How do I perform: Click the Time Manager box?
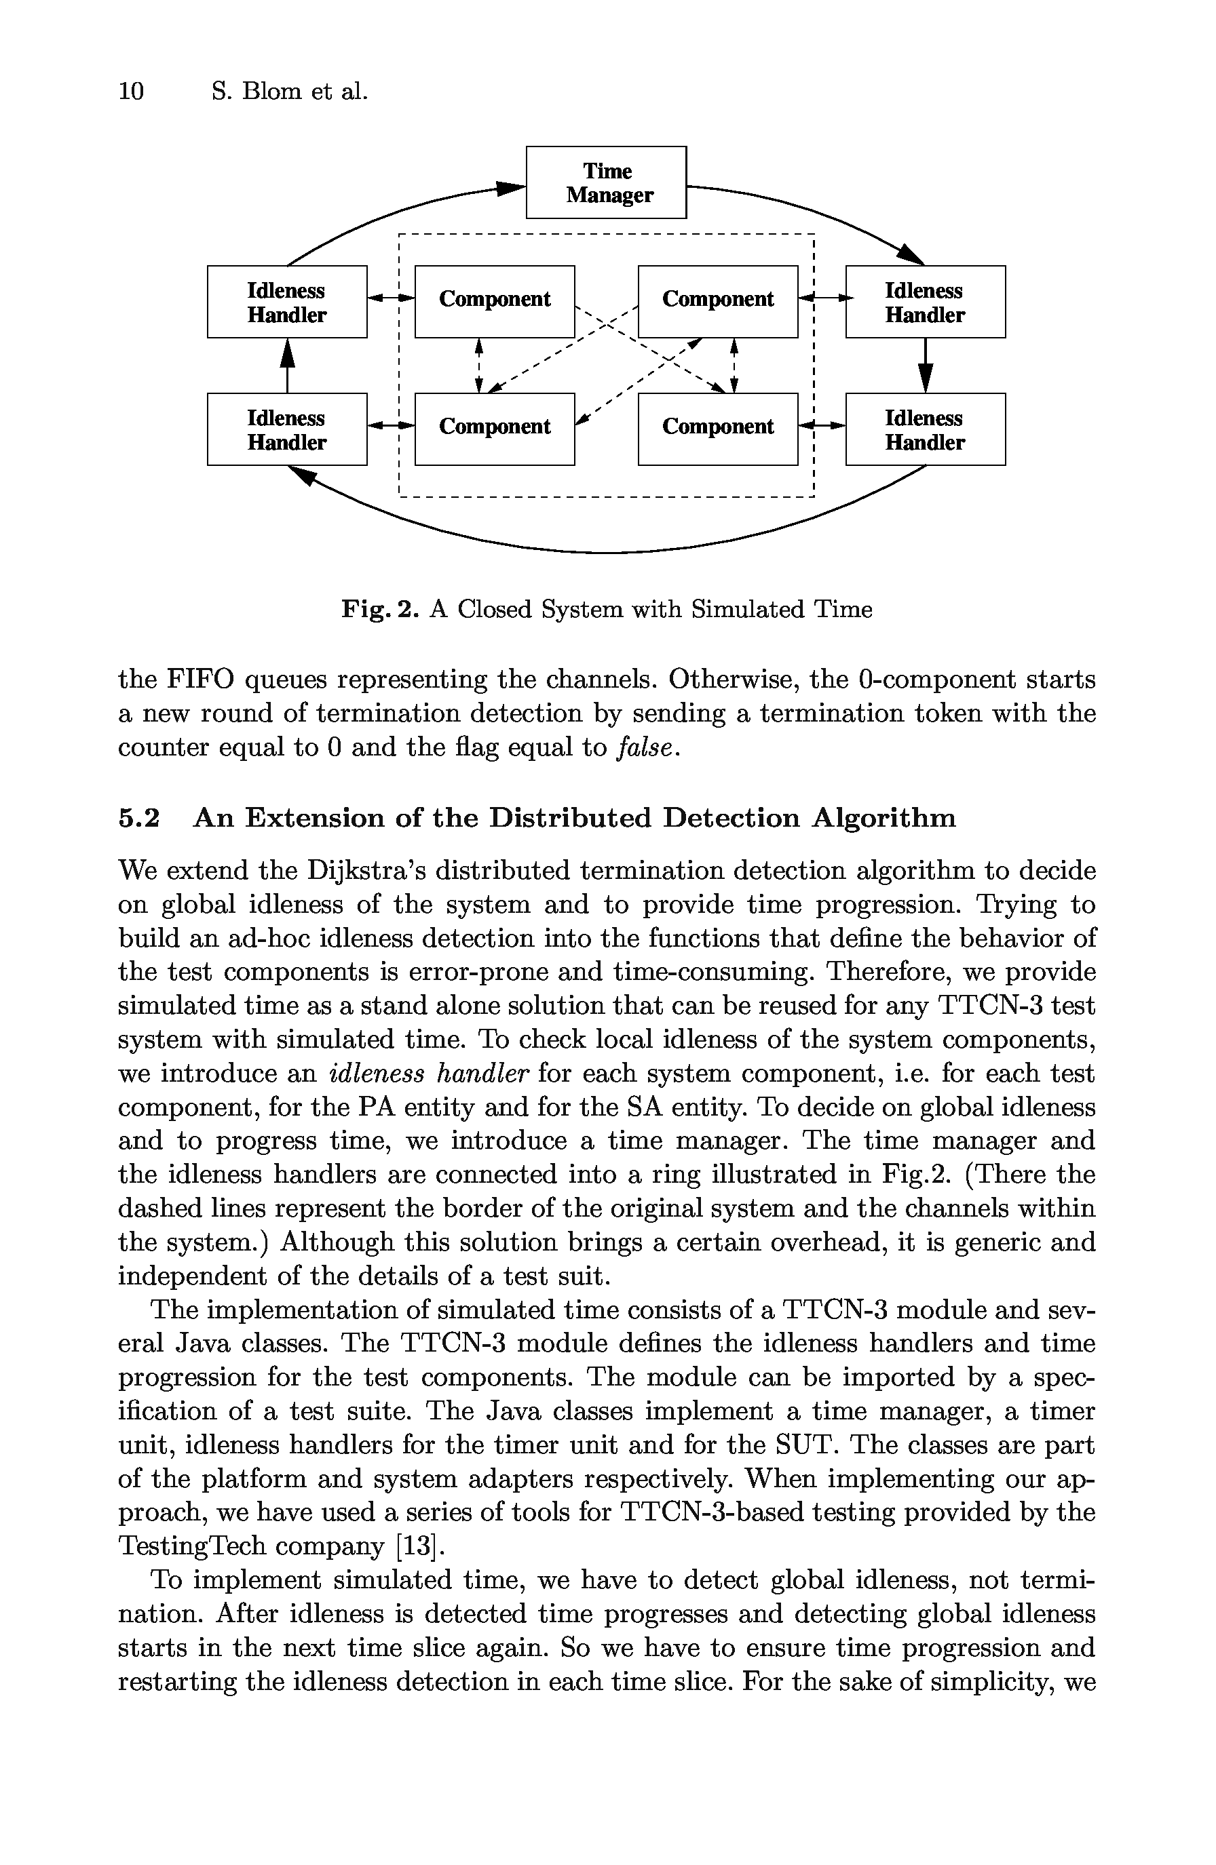(x=605, y=182)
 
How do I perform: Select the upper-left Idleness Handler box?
(x=287, y=302)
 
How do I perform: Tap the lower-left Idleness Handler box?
(x=287, y=429)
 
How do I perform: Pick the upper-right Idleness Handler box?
(x=925, y=302)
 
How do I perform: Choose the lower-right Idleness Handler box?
(x=925, y=429)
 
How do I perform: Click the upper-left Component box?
(x=494, y=302)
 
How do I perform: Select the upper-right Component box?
(x=717, y=302)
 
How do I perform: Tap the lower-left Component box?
(x=494, y=429)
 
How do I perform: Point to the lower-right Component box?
(x=717, y=429)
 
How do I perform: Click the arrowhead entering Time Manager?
(x=511, y=188)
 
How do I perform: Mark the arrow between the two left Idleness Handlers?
(x=288, y=365)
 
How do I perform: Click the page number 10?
(x=131, y=92)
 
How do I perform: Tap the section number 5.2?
(x=139, y=818)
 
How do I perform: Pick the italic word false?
(x=645, y=747)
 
